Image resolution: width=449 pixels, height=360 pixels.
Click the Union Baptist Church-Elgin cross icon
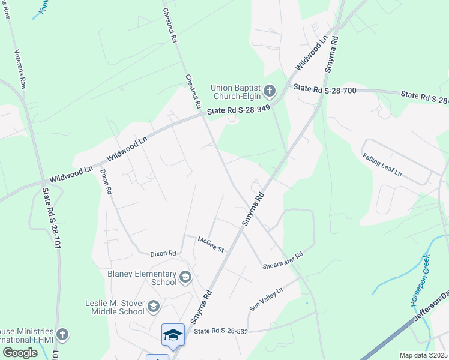tap(270, 91)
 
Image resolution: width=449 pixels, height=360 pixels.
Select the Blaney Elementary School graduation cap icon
tap(185, 277)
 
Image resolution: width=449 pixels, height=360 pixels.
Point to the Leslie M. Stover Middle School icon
tap(154, 307)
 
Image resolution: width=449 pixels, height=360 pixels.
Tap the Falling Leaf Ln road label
tap(382, 164)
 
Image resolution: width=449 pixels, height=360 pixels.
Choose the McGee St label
tap(211, 244)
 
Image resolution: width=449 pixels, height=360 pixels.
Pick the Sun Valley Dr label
tap(266, 299)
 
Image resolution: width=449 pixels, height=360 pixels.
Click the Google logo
tap(20, 353)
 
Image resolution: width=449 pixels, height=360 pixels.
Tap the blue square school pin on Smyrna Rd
tap(173, 335)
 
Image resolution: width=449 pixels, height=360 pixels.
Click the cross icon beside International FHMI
tap(62, 334)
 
